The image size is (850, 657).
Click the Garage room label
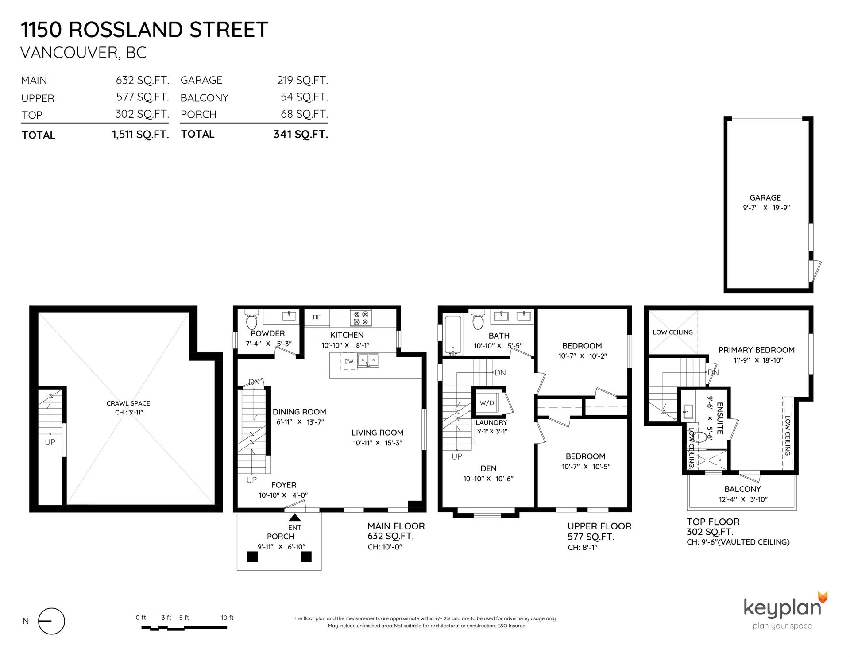pyautogui.click(x=765, y=198)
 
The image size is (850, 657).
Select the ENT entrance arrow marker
pyautogui.click(x=294, y=517)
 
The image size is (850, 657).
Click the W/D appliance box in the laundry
pyautogui.click(x=487, y=403)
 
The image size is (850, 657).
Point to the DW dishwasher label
pyautogui.click(x=349, y=362)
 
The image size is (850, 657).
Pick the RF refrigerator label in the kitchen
pyautogui.click(x=317, y=317)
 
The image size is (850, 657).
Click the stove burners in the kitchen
pyautogui.click(x=361, y=318)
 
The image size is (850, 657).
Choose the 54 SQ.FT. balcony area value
pyautogui.click(x=304, y=97)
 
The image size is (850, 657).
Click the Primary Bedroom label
pyautogui.click(x=756, y=350)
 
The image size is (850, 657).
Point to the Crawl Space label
pyautogui.click(x=128, y=403)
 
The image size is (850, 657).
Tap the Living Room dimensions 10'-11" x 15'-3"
pyautogui.click(x=378, y=443)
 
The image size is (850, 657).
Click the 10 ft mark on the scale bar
pyautogui.click(x=227, y=618)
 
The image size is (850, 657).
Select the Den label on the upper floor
pyautogui.click(x=488, y=468)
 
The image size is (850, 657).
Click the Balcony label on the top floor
pyautogui.click(x=742, y=489)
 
